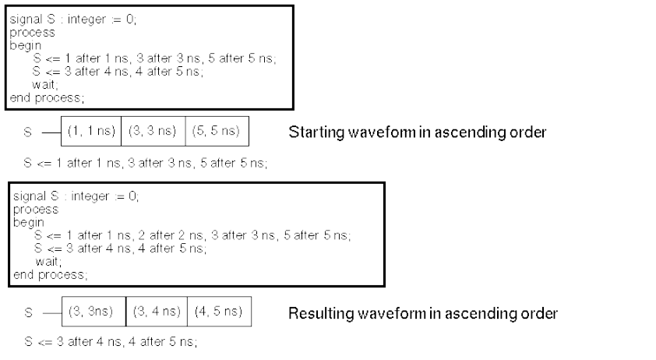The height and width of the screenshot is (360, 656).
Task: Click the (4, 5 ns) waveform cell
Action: coord(214,312)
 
